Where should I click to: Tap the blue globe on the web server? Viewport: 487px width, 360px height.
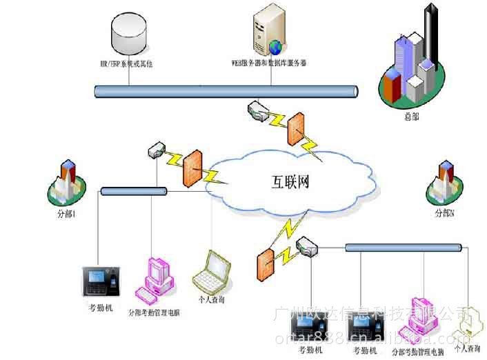(276, 47)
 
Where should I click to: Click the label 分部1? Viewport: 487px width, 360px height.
(66, 214)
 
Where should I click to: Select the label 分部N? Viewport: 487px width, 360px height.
(444, 214)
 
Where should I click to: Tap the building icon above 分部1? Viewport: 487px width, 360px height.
(67, 180)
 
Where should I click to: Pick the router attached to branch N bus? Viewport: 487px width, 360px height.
(304, 245)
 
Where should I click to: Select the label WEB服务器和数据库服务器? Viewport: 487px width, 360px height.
(269, 63)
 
